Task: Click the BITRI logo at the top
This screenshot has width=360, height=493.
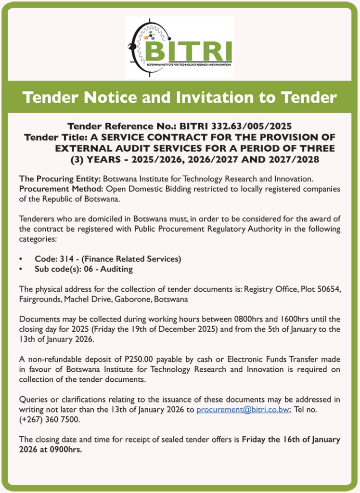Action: (180, 47)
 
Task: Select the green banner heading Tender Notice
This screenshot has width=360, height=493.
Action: (180, 97)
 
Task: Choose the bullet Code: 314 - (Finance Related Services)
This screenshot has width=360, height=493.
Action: (108, 259)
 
